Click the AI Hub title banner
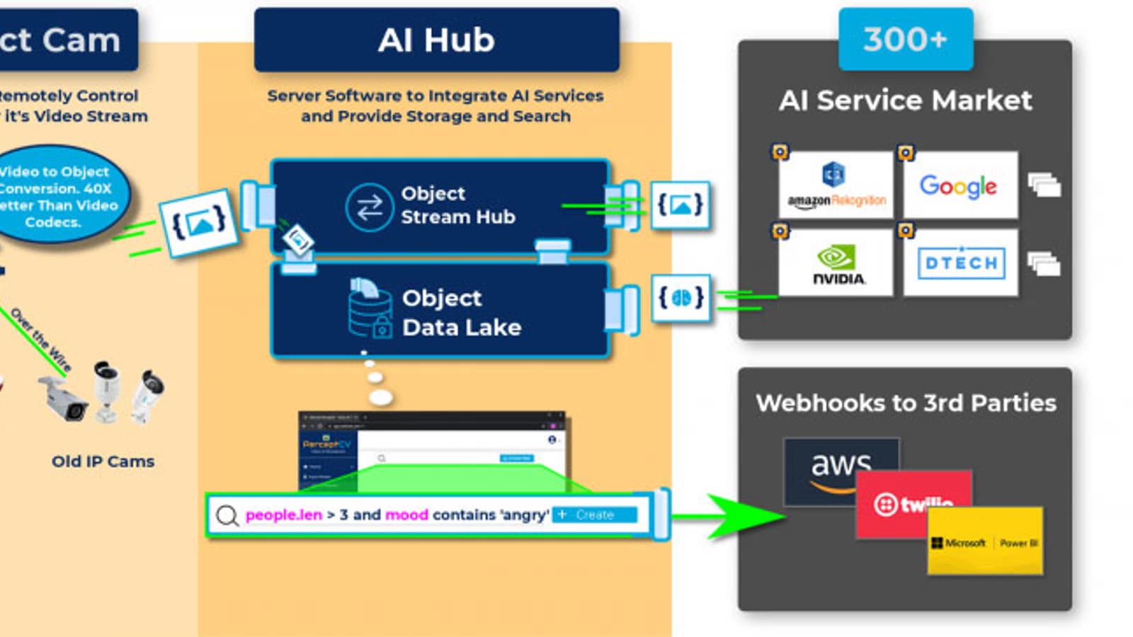[x=436, y=40]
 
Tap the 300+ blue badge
[x=905, y=40]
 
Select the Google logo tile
[x=960, y=185]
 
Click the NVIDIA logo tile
[x=836, y=263]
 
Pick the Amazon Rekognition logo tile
[x=836, y=185]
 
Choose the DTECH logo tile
[x=961, y=263]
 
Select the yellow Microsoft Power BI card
[x=985, y=542]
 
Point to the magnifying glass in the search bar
[x=227, y=515]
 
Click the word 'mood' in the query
[x=406, y=515]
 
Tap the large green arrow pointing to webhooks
[x=744, y=516]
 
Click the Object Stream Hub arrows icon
[x=369, y=207]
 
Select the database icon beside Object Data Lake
[x=370, y=309]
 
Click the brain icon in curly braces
[x=681, y=298]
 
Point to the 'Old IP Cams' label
[x=103, y=461]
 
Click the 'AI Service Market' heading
[x=905, y=101]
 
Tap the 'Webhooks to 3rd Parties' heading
[x=905, y=403]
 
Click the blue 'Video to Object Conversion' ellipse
[x=60, y=195]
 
